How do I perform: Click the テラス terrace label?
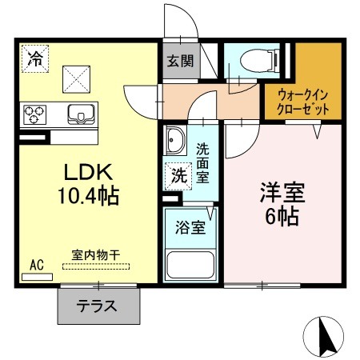point(98,305)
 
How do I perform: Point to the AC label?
point(36,262)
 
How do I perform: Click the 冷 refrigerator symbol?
point(34,58)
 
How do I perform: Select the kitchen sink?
point(81,114)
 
